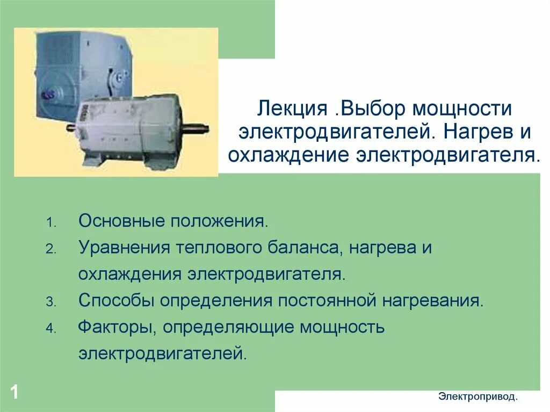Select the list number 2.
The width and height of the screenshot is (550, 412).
click(x=49, y=250)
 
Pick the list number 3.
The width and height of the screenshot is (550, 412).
click(x=49, y=302)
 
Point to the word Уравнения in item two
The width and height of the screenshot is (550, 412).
click(x=121, y=248)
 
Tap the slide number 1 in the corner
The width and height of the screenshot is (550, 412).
click(x=14, y=392)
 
